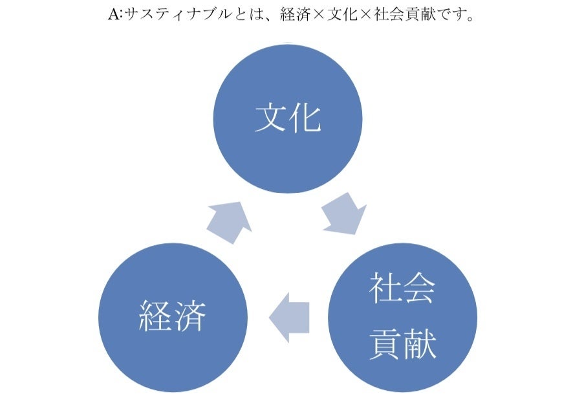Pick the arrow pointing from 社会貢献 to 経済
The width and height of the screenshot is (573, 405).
[x=288, y=316]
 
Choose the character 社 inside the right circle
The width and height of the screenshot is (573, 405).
[x=385, y=288]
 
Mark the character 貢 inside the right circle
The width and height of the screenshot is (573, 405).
[x=385, y=344]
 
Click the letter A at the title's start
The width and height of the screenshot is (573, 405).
[x=111, y=14]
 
